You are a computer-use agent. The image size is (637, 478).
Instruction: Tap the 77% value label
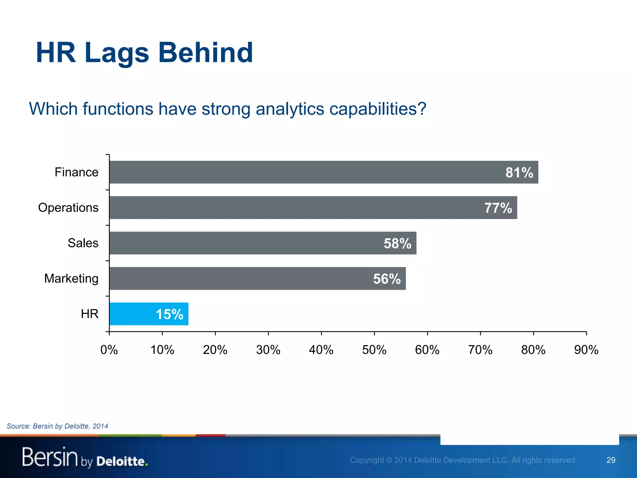pos(498,208)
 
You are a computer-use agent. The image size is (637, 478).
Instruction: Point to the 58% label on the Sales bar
pos(397,243)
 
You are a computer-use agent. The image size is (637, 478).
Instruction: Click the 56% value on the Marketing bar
pos(387,279)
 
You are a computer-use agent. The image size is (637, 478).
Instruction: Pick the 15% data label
pos(169,314)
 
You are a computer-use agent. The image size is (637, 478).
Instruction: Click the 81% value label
pos(519,172)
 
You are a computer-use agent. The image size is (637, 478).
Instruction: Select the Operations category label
pos(68,208)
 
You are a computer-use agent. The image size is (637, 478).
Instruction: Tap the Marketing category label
pos(71,279)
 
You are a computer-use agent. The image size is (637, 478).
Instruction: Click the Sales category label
pos(83,243)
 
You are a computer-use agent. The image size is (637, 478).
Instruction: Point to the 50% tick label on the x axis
pos(374,350)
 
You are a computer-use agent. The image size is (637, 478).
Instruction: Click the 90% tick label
pos(586,350)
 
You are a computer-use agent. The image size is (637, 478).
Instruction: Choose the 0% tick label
pos(109,350)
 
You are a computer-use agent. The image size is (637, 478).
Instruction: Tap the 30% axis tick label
pos(268,350)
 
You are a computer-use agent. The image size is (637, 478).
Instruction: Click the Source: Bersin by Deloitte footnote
pos(57,426)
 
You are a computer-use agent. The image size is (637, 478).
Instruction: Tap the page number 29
pos(611,460)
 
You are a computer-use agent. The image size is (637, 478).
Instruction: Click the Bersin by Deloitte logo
pos(85,457)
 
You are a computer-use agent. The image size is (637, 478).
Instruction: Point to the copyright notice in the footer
pos(463,460)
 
